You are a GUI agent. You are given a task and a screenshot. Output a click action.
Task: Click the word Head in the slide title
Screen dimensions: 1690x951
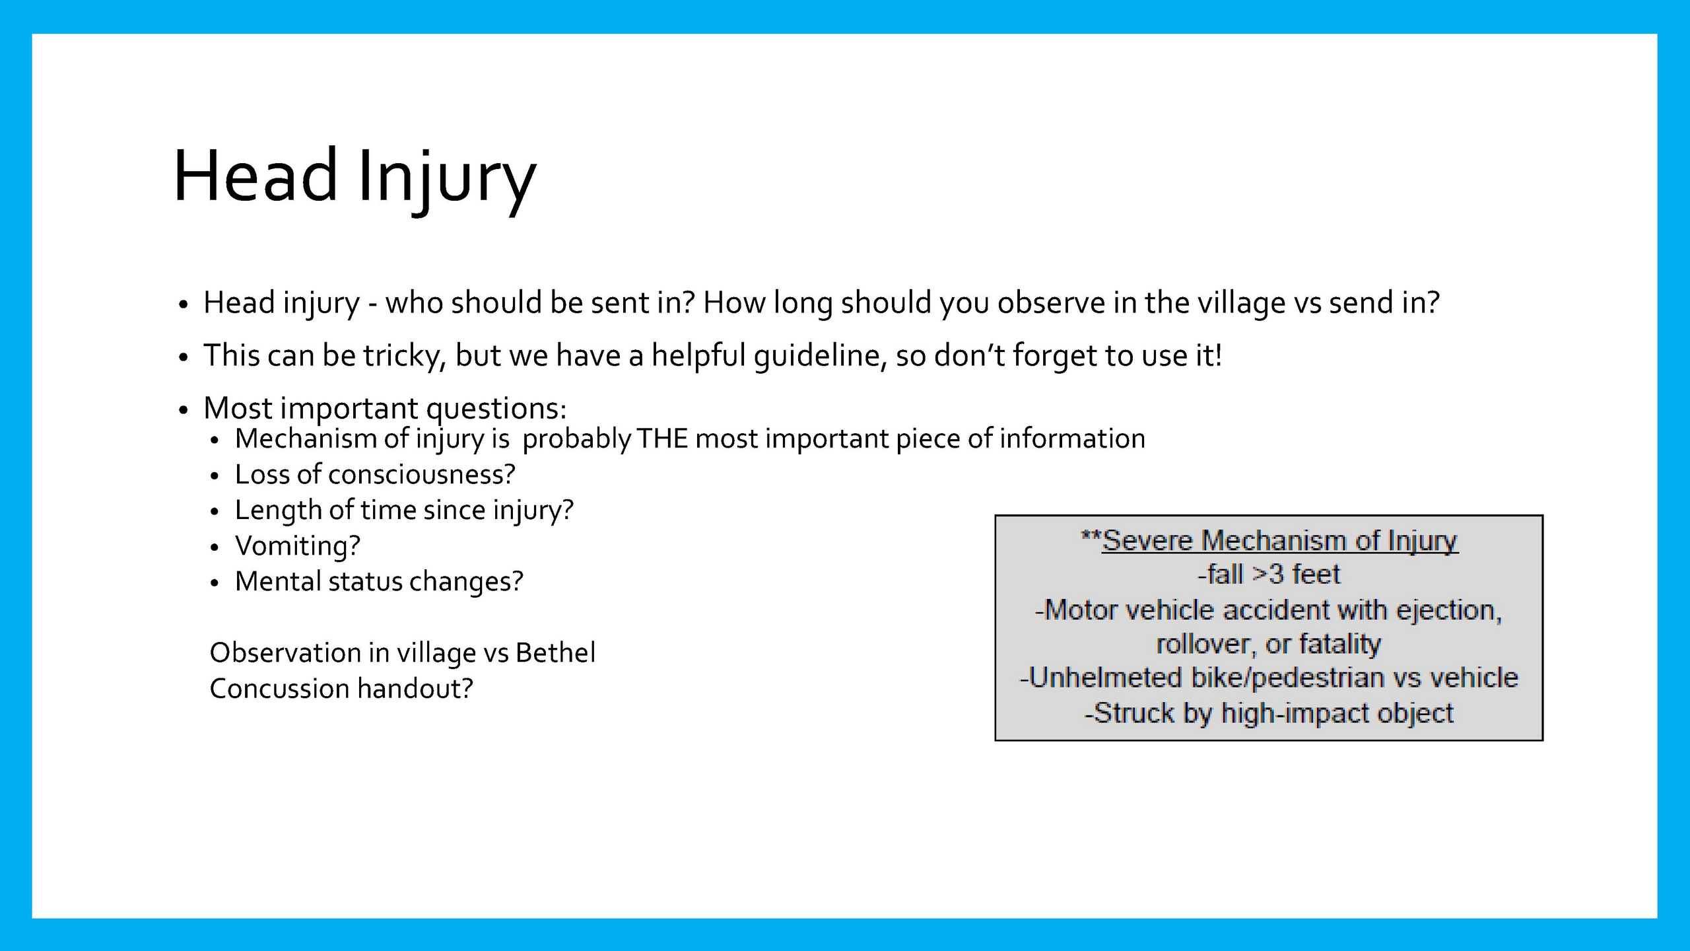(256, 175)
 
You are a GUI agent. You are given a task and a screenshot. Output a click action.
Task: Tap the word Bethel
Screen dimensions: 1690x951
(555, 652)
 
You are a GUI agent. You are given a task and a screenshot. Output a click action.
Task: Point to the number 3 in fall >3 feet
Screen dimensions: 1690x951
(1275, 575)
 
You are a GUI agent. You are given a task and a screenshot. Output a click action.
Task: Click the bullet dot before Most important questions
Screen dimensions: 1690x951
(184, 410)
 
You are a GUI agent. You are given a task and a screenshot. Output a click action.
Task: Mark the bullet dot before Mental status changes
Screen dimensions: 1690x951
(214, 583)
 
